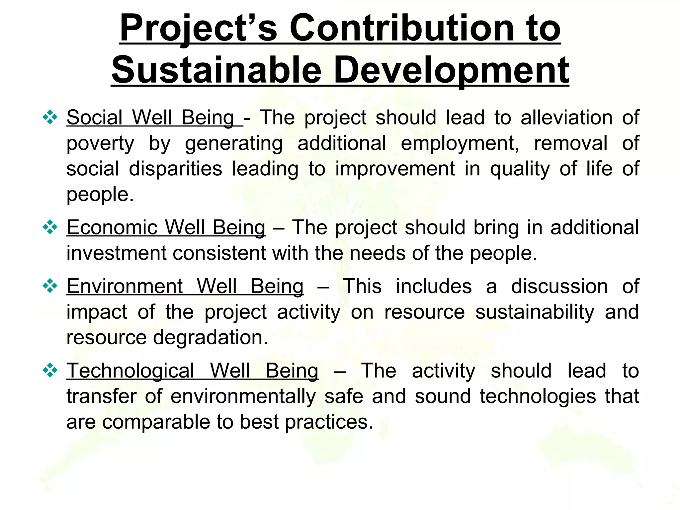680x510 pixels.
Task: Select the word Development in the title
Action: coord(451,70)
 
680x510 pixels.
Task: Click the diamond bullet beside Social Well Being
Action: coord(50,117)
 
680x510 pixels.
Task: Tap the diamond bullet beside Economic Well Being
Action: coord(50,227)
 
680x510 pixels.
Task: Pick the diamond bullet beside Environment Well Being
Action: coord(50,286)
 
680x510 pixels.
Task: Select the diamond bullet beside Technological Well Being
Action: coord(50,371)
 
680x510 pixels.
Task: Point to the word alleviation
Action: coord(566,118)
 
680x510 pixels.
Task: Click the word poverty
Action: coord(100,144)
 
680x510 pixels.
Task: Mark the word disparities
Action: coord(175,169)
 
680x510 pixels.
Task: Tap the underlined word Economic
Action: coord(112,228)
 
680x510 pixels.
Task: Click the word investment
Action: coord(117,253)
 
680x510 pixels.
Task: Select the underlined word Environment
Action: coord(125,286)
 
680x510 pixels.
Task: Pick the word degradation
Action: coord(210,337)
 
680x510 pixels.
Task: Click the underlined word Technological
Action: coord(130,371)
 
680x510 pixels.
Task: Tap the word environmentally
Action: coord(243,396)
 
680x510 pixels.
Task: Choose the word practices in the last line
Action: coord(329,422)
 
